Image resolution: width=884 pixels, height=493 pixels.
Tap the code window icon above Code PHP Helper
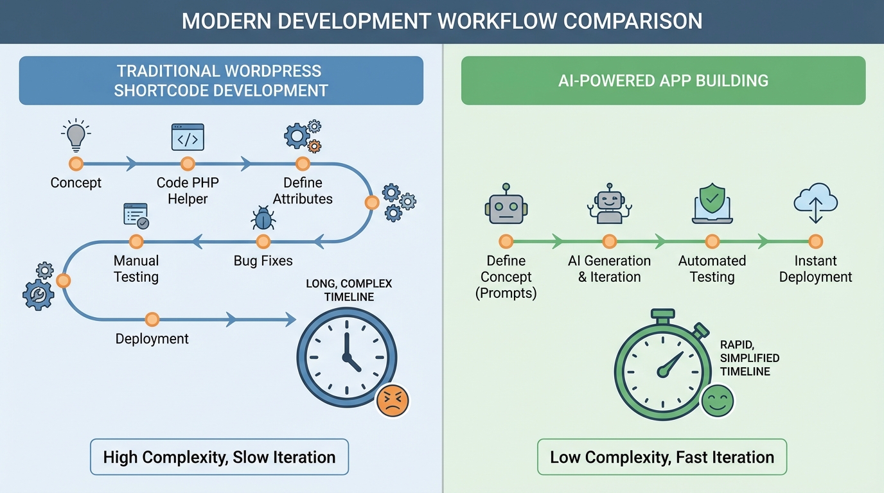click(x=188, y=137)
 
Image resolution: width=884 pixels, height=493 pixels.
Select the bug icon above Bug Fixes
click(x=263, y=218)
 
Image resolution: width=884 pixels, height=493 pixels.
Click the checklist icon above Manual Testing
click(x=136, y=215)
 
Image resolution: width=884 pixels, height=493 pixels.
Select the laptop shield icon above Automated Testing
click(x=712, y=205)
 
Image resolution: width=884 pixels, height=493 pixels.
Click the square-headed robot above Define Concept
click(x=506, y=205)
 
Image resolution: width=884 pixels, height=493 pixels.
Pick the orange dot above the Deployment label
click(x=152, y=319)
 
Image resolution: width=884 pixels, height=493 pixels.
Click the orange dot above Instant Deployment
click(x=815, y=242)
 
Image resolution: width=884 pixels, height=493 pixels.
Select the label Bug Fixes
click(x=263, y=261)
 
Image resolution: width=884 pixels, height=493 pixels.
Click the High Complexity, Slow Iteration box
click(x=219, y=457)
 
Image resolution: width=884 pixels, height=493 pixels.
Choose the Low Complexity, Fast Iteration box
click(x=662, y=457)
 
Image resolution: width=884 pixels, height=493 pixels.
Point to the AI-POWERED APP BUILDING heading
click(x=663, y=81)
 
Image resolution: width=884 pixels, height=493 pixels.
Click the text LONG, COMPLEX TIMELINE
click(x=349, y=290)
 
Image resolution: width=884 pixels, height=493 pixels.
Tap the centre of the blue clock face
click(x=346, y=356)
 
